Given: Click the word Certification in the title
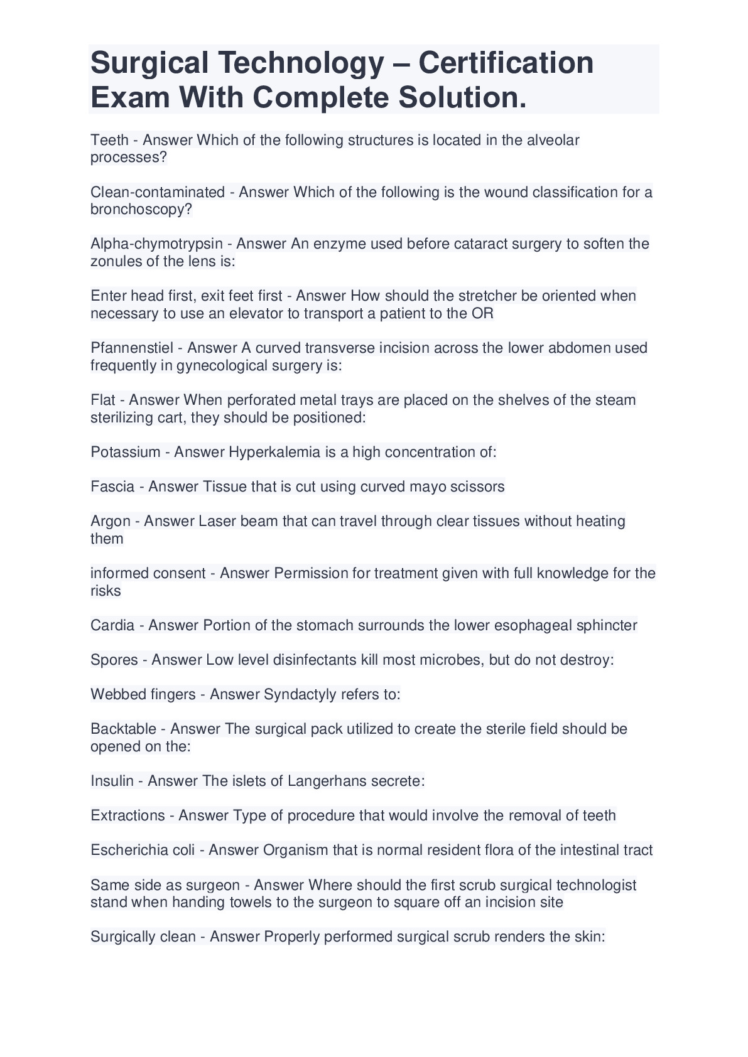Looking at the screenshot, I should (x=506, y=63).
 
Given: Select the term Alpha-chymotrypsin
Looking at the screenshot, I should (x=156, y=244).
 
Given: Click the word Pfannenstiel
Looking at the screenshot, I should (x=132, y=348).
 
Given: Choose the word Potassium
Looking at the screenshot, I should (x=126, y=452).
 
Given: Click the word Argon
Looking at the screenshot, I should (x=111, y=521).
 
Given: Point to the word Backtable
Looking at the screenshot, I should (x=123, y=729).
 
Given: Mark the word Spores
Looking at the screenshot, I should (x=114, y=660).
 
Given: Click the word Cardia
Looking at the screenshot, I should (x=112, y=625).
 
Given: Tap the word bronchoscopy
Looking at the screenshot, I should (x=141, y=209).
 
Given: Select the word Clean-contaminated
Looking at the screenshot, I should (x=158, y=192).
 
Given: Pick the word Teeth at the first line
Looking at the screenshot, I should (x=109, y=140).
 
